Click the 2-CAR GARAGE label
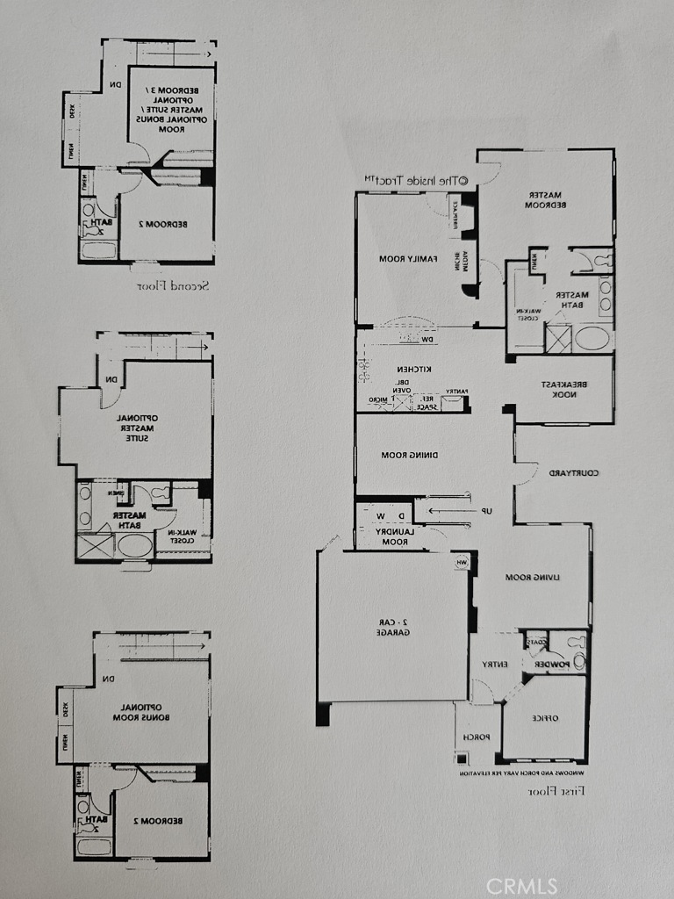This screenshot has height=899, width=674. (391, 627)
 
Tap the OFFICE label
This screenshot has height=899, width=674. (543, 717)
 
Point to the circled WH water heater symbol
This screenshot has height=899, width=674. (462, 562)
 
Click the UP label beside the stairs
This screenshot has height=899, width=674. (485, 511)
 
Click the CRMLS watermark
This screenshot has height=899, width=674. (521, 884)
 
